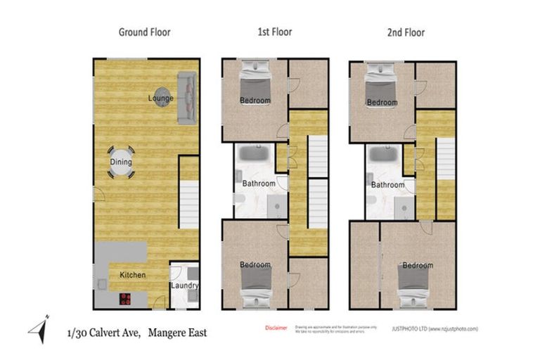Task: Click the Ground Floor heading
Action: [x=144, y=32]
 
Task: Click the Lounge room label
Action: [x=160, y=98]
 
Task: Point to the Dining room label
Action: [x=120, y=162]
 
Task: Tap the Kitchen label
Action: [x=132, y=274]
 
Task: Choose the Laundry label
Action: [x=185, y=286]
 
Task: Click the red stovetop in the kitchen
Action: [x=127, y=299]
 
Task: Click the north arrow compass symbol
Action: [x=39, y=329]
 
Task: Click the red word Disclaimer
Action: [x=276, y=328]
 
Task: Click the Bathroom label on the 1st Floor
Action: [x=259, y=184]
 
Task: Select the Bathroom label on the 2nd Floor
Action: [x=388, y=185]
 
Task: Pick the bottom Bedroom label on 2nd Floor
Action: [x=417, y=266]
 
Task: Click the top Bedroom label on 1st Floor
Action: [x=255, y=101]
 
